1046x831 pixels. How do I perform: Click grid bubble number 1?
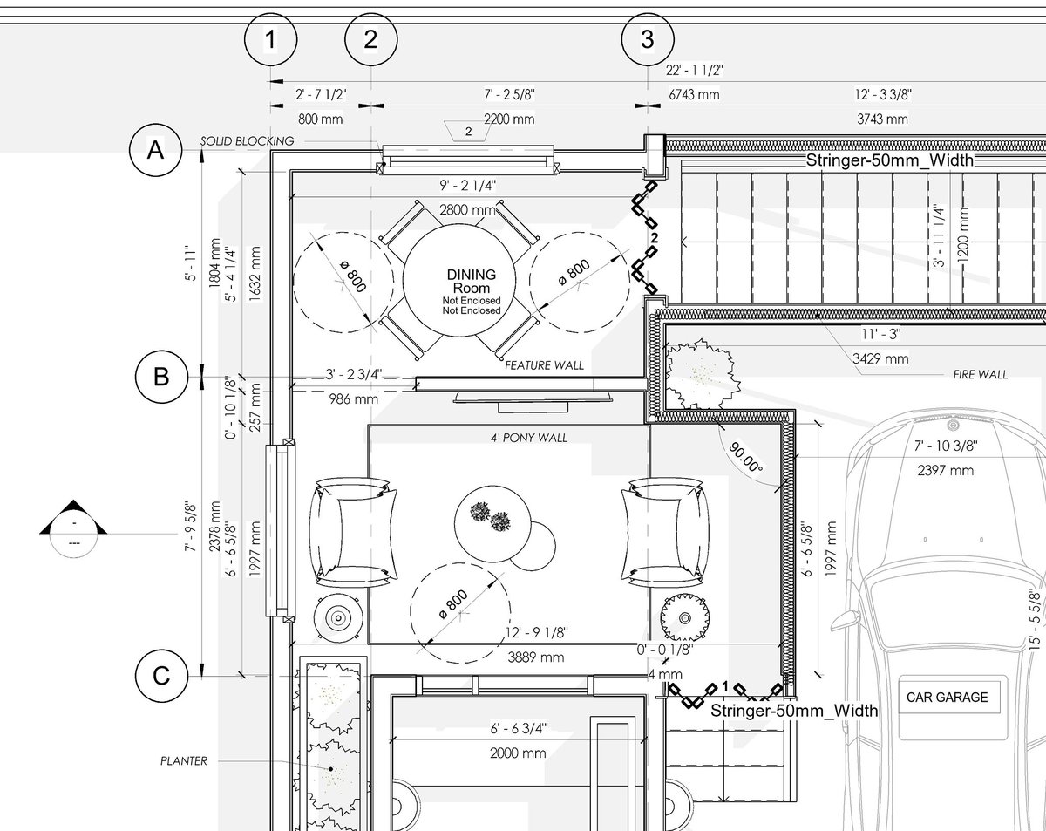(271, 39)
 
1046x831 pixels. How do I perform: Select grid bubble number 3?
(648, 39)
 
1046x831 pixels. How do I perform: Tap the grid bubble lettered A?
(155, 150)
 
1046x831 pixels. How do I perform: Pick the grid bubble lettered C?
(161, 676)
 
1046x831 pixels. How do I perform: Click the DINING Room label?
(472, 281)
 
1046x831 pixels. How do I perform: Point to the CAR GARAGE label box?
(948, 698)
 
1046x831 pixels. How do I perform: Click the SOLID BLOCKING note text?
(248, 141)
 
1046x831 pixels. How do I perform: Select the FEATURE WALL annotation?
(544, 365)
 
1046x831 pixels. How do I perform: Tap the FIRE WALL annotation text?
(980, 374)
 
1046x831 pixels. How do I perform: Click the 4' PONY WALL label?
(529, 438)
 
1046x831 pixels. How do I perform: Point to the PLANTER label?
(184, 761)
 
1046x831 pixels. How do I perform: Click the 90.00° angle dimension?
(745, 458)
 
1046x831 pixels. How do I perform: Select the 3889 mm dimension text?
(535, 657)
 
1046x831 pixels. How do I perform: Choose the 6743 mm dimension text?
(694, 94)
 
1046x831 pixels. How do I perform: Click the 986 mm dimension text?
(353, 399)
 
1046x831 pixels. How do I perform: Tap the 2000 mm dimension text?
(518, 753)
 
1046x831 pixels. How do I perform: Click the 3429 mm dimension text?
(880, 359)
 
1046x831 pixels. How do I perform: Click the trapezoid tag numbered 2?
(468, 132)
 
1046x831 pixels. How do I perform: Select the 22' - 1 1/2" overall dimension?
(694, 71)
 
